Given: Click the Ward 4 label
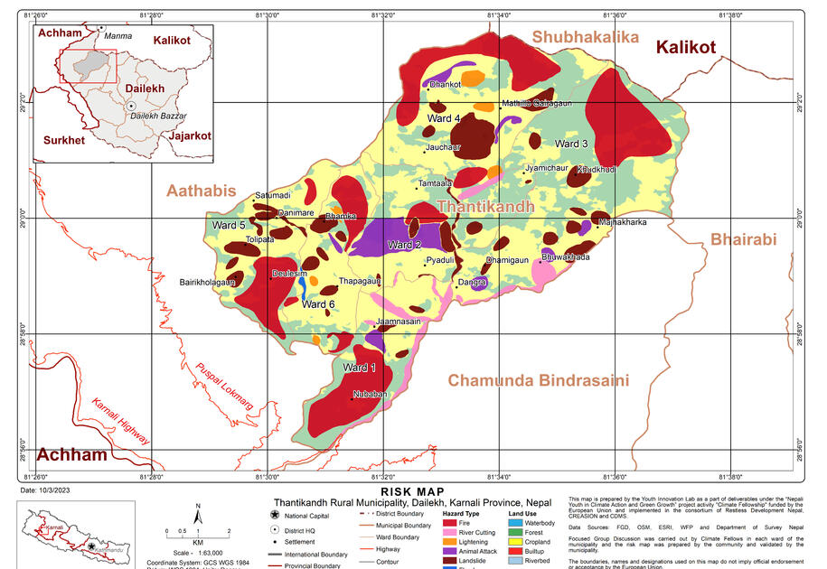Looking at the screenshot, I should click(445, 119).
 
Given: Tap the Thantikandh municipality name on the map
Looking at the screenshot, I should click(485, 207).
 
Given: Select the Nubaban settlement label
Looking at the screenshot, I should click(370, 395).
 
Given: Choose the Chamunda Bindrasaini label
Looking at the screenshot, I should click(538, 380).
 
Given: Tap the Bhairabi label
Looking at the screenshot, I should click(743, 240).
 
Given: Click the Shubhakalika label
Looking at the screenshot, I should click(585, 37).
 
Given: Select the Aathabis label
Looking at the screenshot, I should click(201, 191).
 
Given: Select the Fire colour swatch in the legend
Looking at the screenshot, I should click(450, 523).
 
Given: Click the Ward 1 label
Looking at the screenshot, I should click(358, 368).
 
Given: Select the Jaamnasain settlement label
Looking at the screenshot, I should click(398, 322).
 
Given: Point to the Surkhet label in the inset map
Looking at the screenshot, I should click(63, 141).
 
